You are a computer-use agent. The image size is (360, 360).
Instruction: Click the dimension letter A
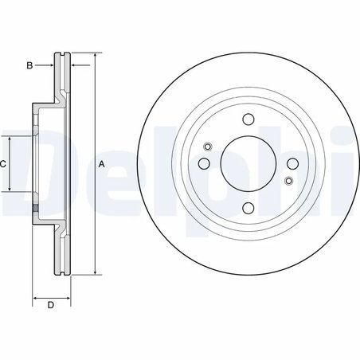click(101, 163)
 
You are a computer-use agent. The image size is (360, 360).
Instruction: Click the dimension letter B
click(29, 65)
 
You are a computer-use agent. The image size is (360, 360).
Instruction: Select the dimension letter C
click(3, 163)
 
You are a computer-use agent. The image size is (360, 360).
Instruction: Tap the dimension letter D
click(49, 306)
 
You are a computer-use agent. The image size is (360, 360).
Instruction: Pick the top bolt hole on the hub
click(247, 122)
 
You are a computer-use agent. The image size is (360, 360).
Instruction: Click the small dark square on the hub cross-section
click(35, 209)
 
